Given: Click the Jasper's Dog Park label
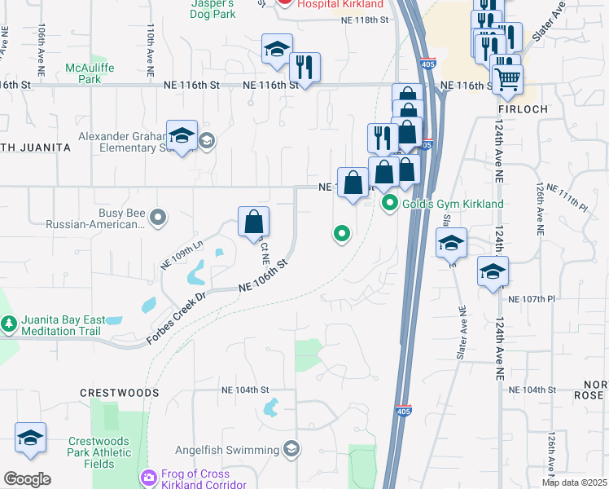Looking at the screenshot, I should click(212, 9).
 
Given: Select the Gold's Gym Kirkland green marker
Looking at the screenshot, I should click(391, 203).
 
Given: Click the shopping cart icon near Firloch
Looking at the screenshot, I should click(507, 80).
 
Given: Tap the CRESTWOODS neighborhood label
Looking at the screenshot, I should click(120, 392).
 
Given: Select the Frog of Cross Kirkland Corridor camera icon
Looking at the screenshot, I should click(149, 477).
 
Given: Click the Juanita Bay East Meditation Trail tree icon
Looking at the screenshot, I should click(10, 324).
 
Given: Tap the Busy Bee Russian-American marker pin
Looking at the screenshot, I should click(158, 217).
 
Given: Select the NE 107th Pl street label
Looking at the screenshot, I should click(531, 299).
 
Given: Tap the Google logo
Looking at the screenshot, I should click(27, 479).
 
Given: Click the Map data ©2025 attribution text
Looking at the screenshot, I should click(573, 482).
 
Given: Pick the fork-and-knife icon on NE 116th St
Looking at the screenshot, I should click(304, 68).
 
